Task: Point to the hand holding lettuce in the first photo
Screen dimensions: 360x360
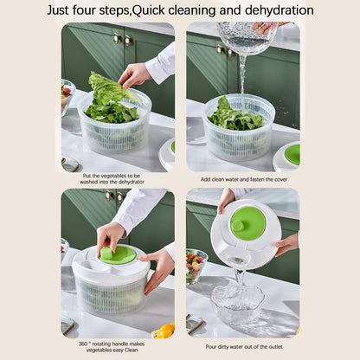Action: point(133,74)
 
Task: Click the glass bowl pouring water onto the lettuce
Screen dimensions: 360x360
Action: point(247,37)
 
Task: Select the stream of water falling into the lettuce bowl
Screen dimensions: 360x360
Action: point(241,74)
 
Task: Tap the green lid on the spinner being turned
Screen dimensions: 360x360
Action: point(118,254)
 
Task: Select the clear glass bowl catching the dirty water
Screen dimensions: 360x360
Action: point(236,303)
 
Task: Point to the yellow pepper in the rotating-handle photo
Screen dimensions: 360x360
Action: point(164,331)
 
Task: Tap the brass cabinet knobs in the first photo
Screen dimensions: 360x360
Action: point(121,39)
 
